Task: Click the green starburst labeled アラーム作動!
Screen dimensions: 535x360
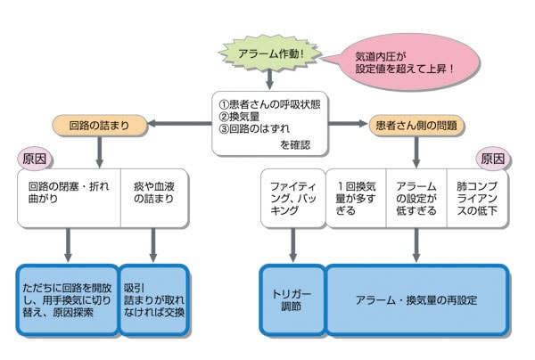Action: pos(270,53)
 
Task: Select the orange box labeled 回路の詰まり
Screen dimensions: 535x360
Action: pos(99,125)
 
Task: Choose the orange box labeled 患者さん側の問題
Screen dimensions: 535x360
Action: pos(416,125)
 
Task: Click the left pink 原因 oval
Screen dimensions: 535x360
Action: pos(35,159)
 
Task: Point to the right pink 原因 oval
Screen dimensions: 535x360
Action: pos(493,159)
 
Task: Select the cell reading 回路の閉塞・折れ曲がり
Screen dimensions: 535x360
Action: pos(70,198)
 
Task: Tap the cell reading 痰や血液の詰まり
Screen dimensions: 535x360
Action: pos(154,198)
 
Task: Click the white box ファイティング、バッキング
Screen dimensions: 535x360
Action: pos(293,198)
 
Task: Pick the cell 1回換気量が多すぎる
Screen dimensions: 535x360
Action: pos(356,198)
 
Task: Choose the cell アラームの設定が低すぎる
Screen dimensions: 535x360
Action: pos(416,198)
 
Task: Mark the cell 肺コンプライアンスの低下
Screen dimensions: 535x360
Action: pos(477,198)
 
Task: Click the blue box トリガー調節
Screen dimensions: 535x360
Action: pos(292,299)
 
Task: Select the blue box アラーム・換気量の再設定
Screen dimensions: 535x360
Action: pos(416,299)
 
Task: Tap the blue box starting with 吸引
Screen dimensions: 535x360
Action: pos(154,299)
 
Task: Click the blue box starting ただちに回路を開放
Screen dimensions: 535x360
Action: pos(68,299)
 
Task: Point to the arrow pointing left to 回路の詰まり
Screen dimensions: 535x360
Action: pos(179,123)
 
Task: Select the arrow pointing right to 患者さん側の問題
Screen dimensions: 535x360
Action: pos(348,123)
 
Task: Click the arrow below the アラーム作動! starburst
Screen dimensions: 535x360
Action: pos(269,79)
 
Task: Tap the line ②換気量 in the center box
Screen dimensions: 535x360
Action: pos(239,117)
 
